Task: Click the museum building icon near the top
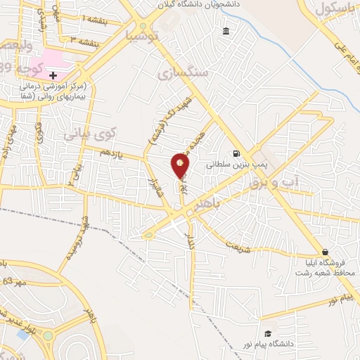pos(225,31)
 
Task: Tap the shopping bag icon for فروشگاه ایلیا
pos(325,252)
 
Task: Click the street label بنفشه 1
pos(95,18)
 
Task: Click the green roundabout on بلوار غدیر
pos(48,337)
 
